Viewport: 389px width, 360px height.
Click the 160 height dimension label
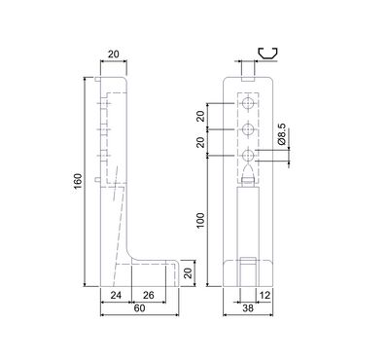pyautogui.click(x=78, y=182)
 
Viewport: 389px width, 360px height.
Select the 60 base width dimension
pyautogui.click(x=139, y=308)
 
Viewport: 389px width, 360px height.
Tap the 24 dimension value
pyautogui.click(x=116, y=295)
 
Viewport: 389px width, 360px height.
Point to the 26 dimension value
pyautogui.click(x=149, y=295)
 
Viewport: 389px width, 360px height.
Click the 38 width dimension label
pyautogui.click(x=248, y=308)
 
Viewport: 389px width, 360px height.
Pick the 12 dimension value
pyautogui.click(x=265, y=295)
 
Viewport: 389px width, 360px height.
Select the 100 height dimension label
pyautogui.click(x=201, y=221)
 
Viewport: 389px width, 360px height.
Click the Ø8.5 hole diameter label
pyautogui.click(x=281, y=134)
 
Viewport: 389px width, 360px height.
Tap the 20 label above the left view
pyautogui.click(x=114, y=54)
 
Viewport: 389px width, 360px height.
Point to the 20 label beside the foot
pyautogui.click(x=188, y=273)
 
